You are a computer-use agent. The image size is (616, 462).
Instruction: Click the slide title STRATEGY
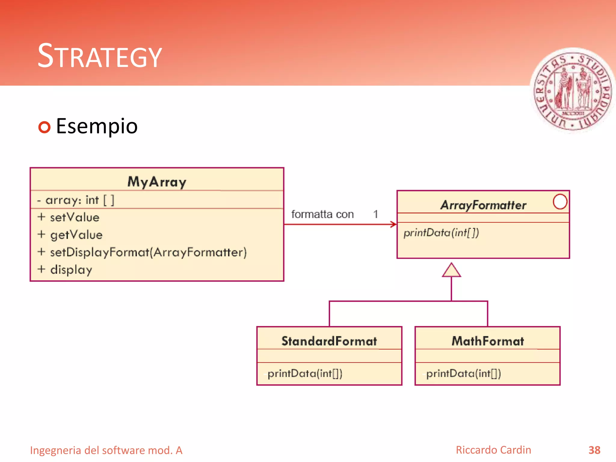point(100,56)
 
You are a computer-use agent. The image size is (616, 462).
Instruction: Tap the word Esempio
point(97,126)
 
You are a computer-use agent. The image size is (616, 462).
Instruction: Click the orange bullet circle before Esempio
point(45,127)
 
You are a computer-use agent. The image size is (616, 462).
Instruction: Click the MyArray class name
point(157,182)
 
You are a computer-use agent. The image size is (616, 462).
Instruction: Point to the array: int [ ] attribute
point(75,200)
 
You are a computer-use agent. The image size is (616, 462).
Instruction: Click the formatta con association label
point(322,214)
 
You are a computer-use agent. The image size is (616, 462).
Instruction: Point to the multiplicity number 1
point(375,214)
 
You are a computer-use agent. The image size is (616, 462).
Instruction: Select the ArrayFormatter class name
point(483,205)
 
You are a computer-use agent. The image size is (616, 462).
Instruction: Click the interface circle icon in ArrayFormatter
point(560,202)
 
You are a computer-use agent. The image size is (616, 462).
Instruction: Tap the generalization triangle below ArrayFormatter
point(451,270)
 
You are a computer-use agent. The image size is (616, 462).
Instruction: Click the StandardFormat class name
point(329,341)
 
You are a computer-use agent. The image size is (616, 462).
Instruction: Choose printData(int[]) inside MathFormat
point(463,374)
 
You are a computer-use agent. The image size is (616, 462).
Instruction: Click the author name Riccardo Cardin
point(493,450)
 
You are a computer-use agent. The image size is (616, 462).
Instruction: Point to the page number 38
point(594,450)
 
